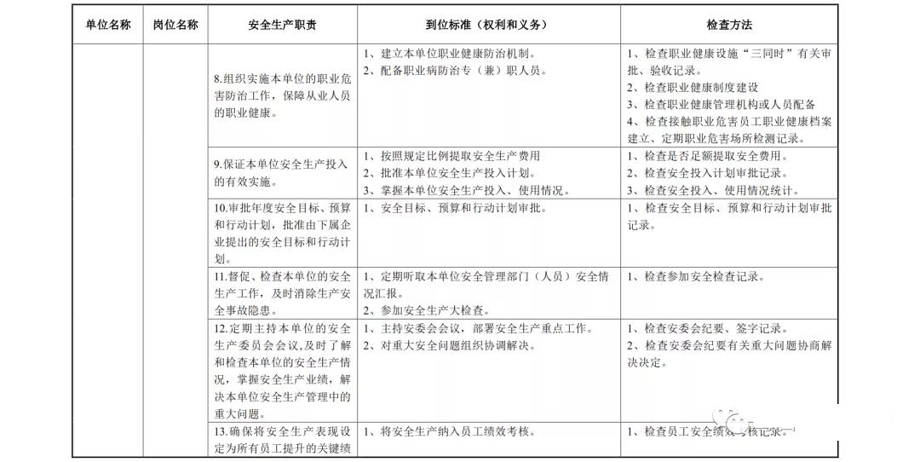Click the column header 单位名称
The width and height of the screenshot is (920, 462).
(x=108, y=25)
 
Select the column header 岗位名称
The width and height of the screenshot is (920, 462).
(x=175, y=25)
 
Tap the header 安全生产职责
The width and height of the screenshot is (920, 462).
(x=283, y=26)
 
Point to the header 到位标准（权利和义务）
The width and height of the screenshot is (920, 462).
(x=487, y=26)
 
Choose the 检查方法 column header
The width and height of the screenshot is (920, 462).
(x=730, y=26)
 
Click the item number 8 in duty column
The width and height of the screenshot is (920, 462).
(x=218, y=79)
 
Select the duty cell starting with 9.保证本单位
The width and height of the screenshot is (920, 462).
(x=282, y=172)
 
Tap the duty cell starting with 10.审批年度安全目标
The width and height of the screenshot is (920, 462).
(x=282, y=233)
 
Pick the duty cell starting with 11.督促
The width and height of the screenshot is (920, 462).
(x=282, y=292)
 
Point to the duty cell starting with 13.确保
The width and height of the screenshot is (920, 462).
(x=282, y=439)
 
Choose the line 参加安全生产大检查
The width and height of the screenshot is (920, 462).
(x=427, y=310)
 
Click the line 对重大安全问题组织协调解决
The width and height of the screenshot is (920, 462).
(x=452, y=345)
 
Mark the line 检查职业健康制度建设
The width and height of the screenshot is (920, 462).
(x=693, y=87)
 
